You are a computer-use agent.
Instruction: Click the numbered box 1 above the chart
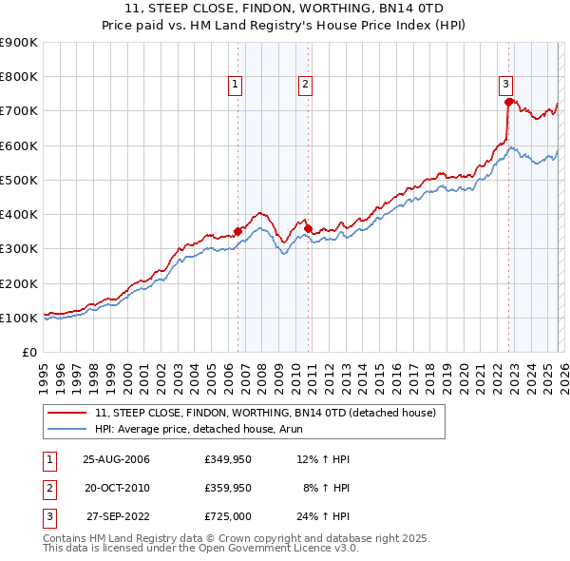(235, 85)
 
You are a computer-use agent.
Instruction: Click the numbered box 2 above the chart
(305, 85)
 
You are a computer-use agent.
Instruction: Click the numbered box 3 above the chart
(506, 85)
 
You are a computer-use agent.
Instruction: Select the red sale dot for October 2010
(309, 228)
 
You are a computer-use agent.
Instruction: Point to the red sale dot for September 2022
(509, 102)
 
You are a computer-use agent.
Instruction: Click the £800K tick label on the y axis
(19, 77)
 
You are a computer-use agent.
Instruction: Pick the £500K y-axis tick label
(19, 180)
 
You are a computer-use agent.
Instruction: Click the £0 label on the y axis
(28, 352)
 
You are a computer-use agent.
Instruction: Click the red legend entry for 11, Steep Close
(265, 413)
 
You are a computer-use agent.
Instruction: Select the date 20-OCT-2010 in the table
(116, 488)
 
